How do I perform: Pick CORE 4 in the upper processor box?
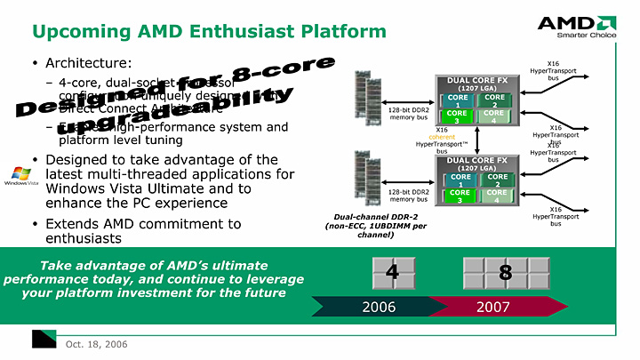pos(494,116)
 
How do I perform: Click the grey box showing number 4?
pos(391,272)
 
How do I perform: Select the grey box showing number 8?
pos(505,272)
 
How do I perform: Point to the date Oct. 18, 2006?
pos(91,343)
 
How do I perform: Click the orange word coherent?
pos(442,136)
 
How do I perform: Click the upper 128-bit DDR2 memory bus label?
pos(408,113)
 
